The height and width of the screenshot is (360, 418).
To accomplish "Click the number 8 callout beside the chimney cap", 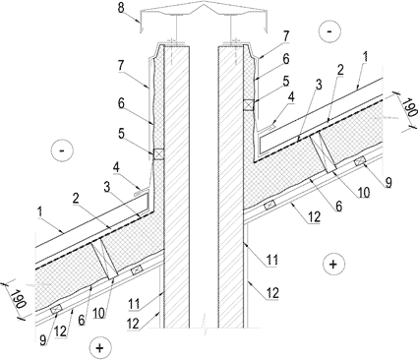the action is point(121,8).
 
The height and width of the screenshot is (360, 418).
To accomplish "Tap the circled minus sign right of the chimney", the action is point(329,31).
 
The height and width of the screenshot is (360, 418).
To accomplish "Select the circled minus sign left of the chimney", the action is point(62,150).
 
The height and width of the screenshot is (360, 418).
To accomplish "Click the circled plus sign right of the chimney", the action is point(333,264).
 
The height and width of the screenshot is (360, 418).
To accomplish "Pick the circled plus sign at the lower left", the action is point(100,348).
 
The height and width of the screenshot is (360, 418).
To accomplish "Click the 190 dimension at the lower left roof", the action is point(17,299).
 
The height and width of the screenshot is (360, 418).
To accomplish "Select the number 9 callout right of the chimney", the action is point(388,182).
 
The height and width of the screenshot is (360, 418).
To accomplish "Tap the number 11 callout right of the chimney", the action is point(272,260).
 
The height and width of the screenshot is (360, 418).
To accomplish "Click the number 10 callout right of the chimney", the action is point(364,193).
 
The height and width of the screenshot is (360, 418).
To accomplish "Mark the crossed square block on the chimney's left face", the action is point(158,154).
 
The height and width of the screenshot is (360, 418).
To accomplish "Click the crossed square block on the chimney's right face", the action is point(248,105).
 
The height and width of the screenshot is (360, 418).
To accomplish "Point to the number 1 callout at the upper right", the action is point(366,56).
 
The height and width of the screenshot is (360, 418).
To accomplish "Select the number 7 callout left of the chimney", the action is point(121,66).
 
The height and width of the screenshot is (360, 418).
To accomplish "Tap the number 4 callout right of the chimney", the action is point(291,97).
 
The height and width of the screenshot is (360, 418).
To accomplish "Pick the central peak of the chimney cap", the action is point(204,3).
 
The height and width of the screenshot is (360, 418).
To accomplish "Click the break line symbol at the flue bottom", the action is point(204,320).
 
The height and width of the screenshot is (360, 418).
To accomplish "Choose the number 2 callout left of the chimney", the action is point(76,200).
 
